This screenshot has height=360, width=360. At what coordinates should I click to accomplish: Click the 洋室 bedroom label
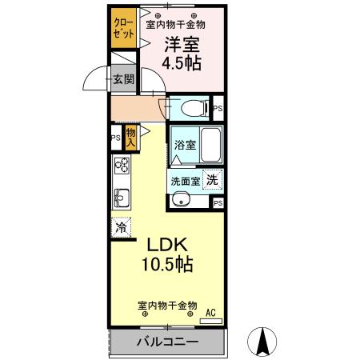(x=182, y=45)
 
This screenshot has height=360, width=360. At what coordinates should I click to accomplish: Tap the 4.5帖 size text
(x=182, y=63)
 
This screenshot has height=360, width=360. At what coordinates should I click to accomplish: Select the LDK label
(x=167, y=245)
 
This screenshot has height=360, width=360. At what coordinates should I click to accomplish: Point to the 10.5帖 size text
(x=167, y=264)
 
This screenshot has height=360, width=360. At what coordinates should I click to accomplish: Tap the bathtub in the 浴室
(x=210, y=145)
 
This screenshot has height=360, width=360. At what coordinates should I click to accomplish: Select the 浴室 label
(x=185, y=145)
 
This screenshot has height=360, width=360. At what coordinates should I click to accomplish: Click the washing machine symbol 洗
(x=212, y=180)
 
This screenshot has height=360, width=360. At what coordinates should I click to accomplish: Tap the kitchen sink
(x=122, y=198)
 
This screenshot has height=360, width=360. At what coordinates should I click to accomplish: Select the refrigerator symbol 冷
(x=122, y=227)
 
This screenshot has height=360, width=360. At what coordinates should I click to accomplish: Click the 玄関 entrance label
(x=123, y=79)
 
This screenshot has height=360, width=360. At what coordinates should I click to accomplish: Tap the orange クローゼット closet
(x=124, y=28)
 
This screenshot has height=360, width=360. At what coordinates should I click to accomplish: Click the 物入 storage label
(x=130, y=137)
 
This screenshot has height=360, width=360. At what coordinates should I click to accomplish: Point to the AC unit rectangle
(x=211, y=322)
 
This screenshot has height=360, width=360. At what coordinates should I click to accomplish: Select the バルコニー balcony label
(x=167, y=342)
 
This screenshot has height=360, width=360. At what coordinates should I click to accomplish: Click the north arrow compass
(x=262, y=342)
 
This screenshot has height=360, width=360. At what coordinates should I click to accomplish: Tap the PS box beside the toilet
(x=218, y=108)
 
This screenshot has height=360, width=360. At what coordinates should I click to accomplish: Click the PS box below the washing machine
(x=218, y=203)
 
